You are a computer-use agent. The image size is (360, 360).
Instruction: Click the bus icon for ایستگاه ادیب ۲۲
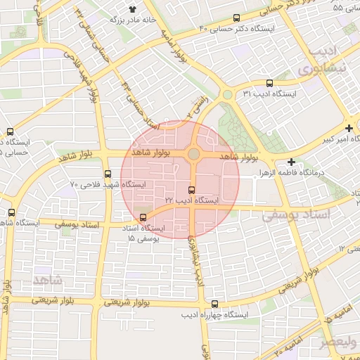(192, 190)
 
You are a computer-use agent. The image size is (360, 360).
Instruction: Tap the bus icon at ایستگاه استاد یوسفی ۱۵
(143, 217)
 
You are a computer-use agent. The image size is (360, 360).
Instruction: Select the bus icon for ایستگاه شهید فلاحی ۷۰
(108, 174)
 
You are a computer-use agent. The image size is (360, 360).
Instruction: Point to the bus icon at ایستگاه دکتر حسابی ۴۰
(236, 18)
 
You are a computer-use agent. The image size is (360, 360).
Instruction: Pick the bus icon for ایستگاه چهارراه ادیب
(214, 304)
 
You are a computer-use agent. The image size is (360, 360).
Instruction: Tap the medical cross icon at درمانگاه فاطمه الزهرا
(291, 162)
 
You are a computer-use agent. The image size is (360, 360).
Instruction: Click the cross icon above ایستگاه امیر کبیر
(349, 128)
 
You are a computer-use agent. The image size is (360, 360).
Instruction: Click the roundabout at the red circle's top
(193, 153)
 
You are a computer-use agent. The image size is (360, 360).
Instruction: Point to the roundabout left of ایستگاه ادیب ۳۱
(227, 95)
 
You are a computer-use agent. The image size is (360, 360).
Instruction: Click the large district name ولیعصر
(339, 342)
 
